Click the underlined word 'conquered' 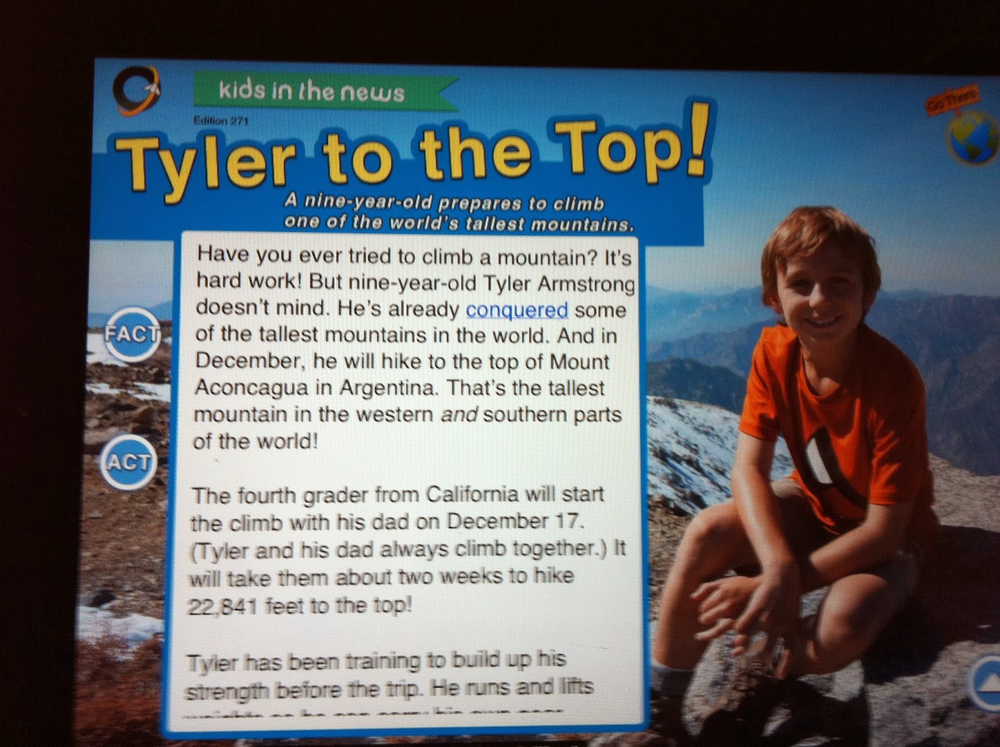tap(517, 309)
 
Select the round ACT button tap(129, 463)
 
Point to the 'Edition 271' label tap(221, 121)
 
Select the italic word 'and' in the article tap(459, 414)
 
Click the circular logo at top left tap(136, 91)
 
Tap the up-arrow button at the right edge tap(987, 685)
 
